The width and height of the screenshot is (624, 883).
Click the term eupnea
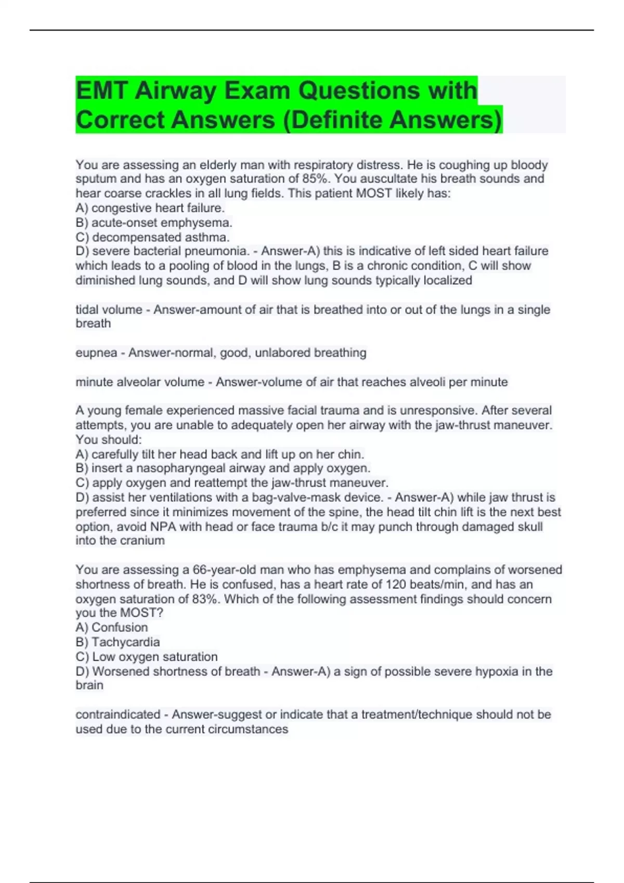[96, 353]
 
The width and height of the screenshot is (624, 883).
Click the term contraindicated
[118, 715]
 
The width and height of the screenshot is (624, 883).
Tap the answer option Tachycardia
[126, 642]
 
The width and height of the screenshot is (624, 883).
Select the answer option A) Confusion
[112, 627]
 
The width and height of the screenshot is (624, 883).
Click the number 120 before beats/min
[396, 584]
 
